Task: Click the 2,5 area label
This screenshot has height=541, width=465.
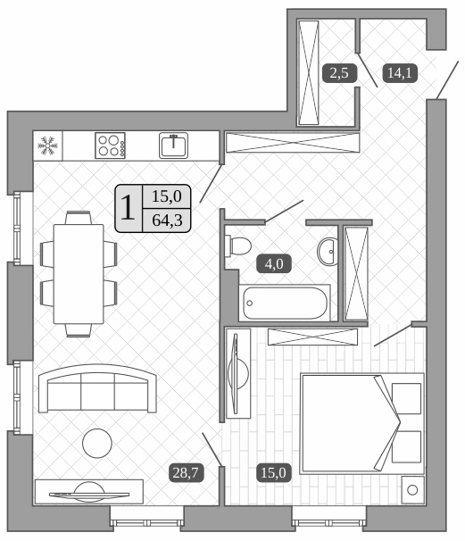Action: [338, 73]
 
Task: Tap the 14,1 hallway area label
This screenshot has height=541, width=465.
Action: [397, 73]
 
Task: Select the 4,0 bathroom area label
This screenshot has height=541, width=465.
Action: [270, 263]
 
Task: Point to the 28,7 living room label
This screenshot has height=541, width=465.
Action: [187, 472]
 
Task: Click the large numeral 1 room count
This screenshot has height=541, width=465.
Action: [129, 207]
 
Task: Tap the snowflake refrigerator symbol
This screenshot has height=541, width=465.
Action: [48, 146]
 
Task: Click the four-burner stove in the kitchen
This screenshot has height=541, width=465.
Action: [110, 145]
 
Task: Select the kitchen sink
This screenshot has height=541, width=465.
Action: [173, 144]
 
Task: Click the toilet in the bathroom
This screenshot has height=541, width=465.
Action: [237, 246]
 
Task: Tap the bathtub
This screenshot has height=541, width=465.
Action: [285, 303]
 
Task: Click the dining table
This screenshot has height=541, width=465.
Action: [79, 273]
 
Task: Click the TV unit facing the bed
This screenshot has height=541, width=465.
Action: [238, 372]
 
